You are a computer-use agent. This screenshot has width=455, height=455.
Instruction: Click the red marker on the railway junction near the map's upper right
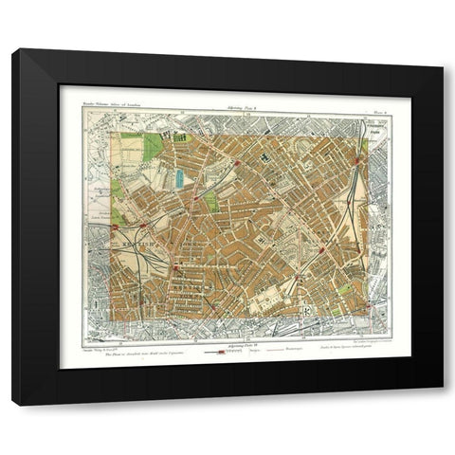point(357,163)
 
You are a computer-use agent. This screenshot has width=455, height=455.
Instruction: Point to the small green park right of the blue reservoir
point(211,201)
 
